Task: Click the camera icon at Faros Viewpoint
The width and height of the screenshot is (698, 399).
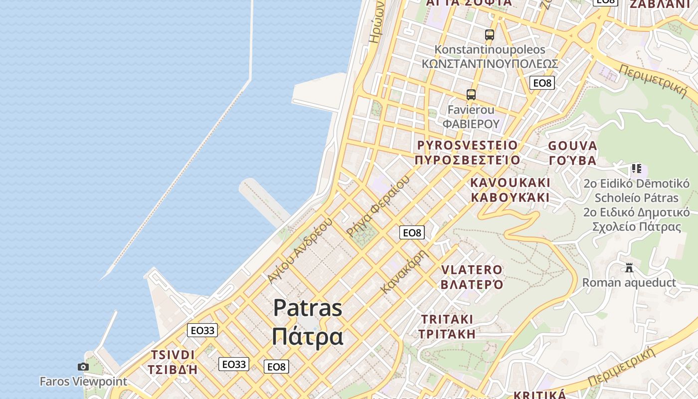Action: tap(83, 367)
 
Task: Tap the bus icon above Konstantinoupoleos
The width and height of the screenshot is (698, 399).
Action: tap(490, 34)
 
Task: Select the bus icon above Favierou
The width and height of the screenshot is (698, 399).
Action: tap(471, 94)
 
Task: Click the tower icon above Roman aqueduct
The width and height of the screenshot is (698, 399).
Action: tap(629, 268)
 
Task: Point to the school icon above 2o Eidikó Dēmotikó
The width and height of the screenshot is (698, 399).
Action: tap(636, 169)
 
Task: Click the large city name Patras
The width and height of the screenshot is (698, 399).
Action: tap(308, 308)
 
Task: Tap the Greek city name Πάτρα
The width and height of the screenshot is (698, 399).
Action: tap(308, 337)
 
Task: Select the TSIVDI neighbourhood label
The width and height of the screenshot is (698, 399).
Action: tap(173, 355)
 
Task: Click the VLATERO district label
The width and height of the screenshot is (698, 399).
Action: tap(472, 270)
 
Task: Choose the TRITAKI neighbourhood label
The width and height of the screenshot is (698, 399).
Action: tap(447, 319)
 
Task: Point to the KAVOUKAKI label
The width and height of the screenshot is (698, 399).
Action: tap(510, 183)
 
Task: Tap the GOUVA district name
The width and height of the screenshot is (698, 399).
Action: tap(572, 146)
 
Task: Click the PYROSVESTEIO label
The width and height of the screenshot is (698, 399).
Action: tap(467, 145)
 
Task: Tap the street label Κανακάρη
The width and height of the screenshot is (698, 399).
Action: tap(404, 271)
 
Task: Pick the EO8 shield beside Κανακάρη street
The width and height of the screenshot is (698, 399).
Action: tap(412, 232)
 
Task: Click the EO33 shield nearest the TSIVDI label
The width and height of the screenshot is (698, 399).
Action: tap(202, 330)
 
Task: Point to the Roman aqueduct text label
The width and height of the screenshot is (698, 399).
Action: tap(629, 283)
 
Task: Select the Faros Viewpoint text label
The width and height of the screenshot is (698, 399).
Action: tap(83, 382)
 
